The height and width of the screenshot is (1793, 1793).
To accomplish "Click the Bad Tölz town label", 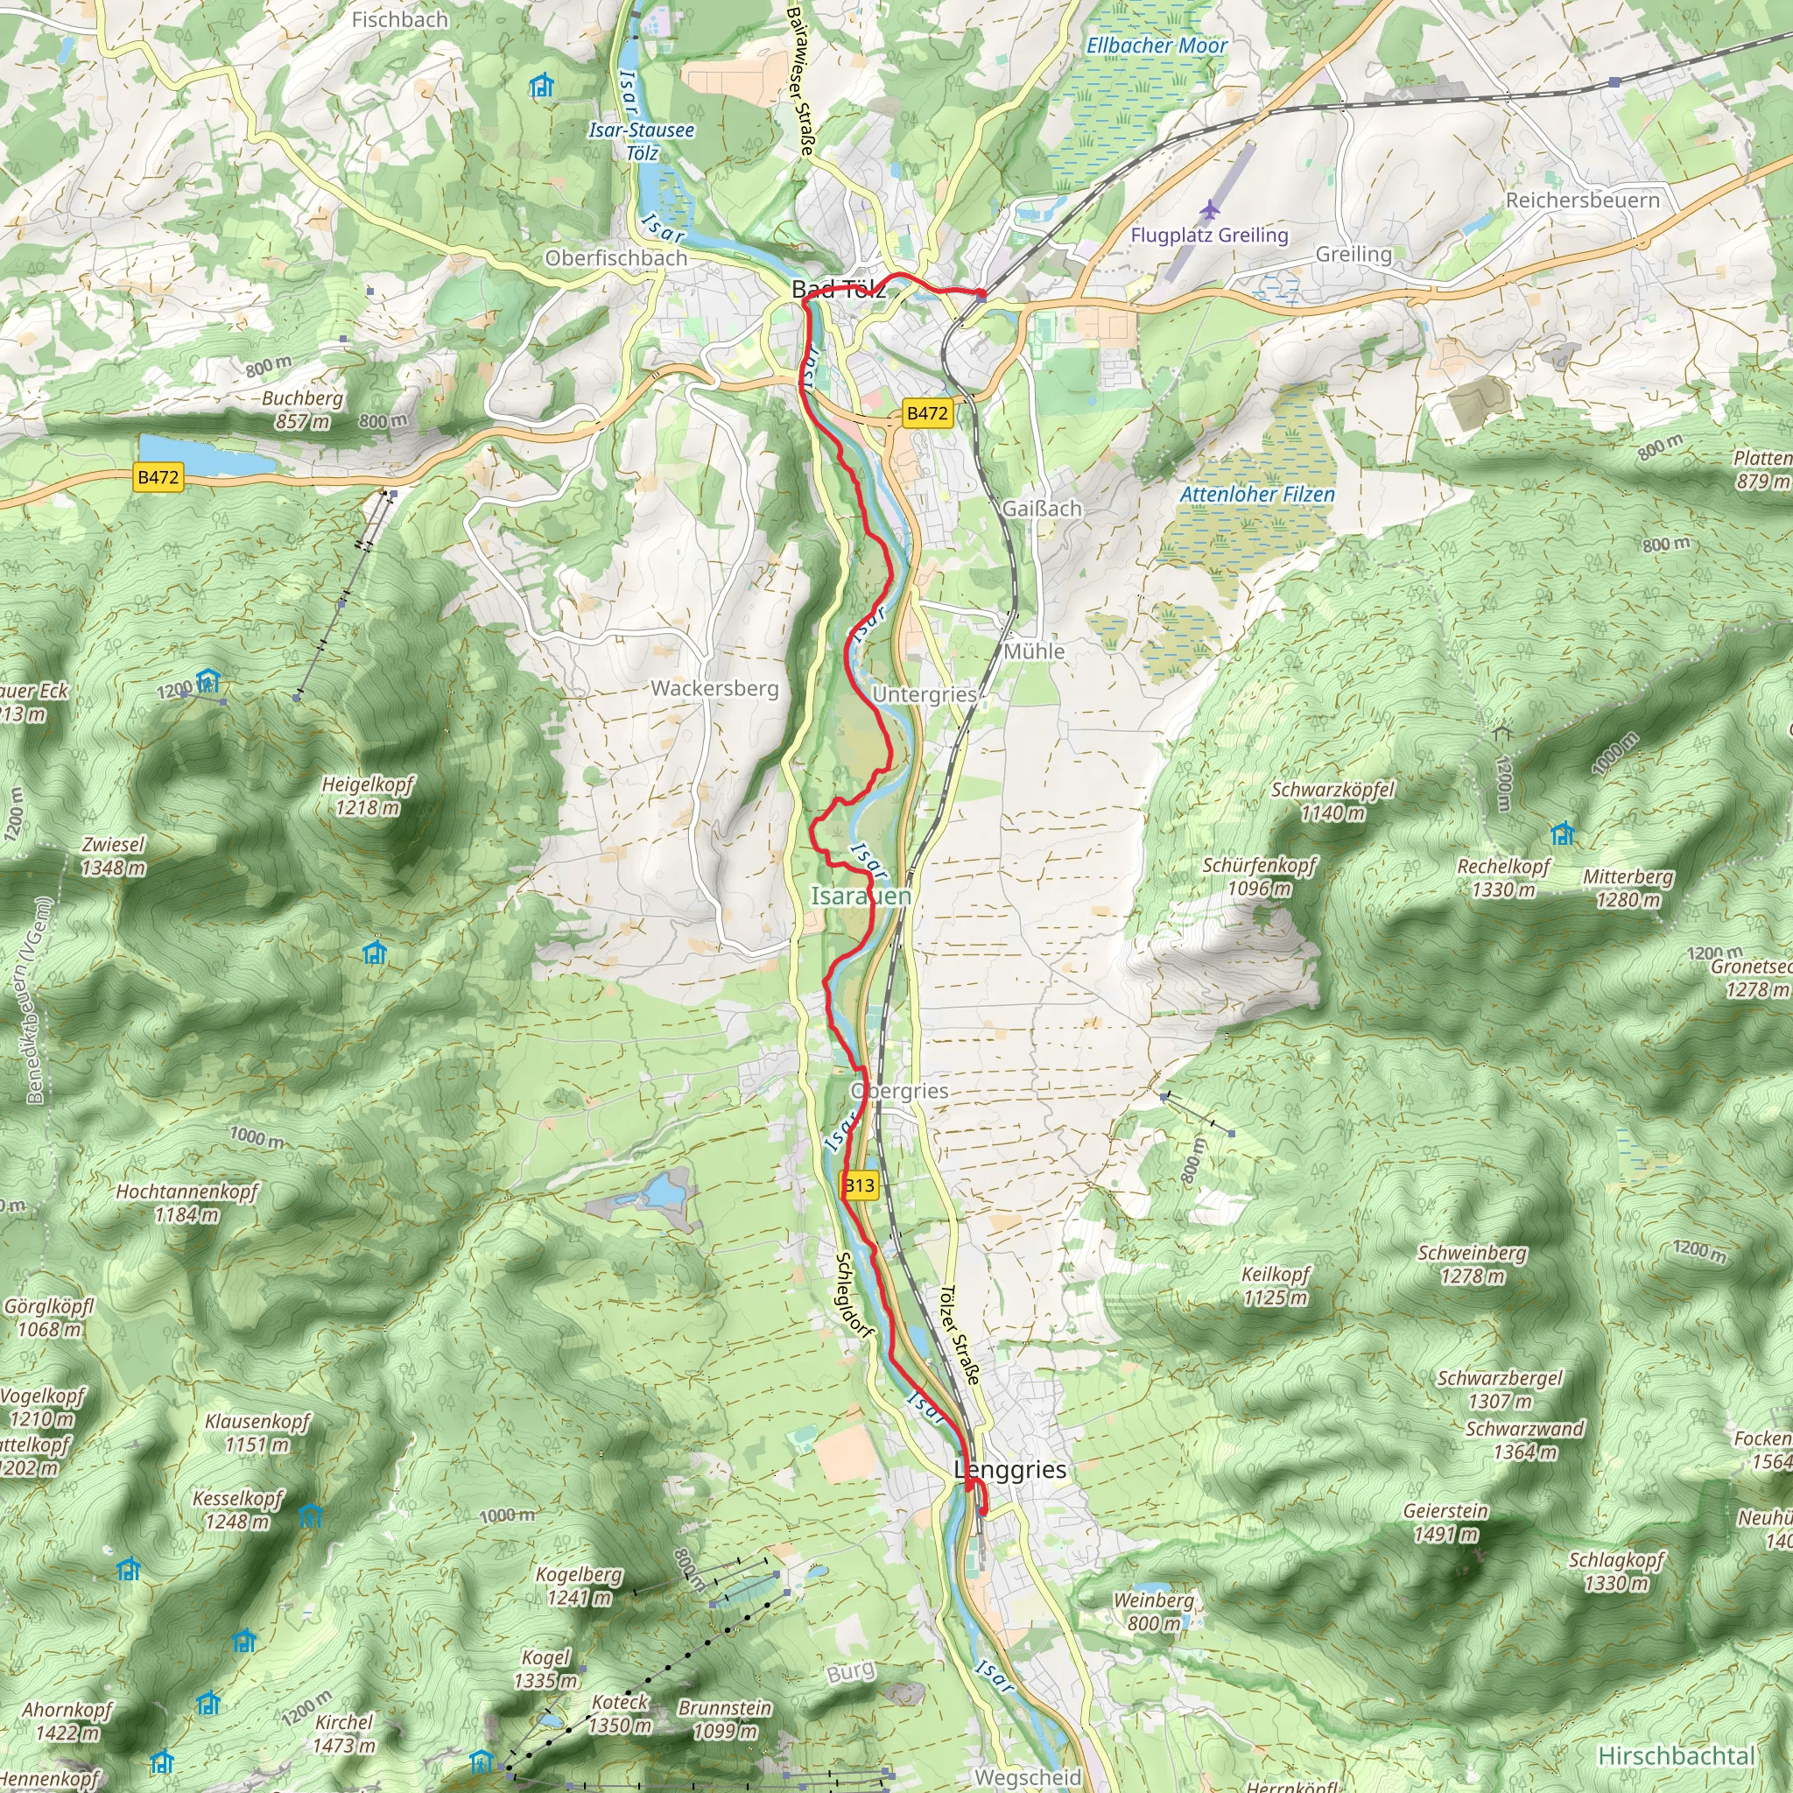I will pos(838,289).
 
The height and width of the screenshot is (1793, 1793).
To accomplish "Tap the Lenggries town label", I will pos(1009,1470).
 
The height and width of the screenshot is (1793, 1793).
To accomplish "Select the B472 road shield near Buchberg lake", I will pos(158,478).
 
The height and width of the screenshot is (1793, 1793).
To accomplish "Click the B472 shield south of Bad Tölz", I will pos(927,414).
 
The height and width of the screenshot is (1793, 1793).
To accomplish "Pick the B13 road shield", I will pos(860,1185).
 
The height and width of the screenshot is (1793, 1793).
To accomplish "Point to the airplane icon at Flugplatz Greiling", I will pos(1209,209).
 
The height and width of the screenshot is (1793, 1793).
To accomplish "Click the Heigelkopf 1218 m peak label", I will pos(368,795).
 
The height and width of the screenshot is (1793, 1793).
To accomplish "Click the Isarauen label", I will pos(861,896).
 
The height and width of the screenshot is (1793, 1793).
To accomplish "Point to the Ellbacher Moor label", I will pos(1157,46).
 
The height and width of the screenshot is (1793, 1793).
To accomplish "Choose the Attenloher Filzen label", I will pos(1256,495).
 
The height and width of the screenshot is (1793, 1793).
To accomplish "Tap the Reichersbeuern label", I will pos(1582,200).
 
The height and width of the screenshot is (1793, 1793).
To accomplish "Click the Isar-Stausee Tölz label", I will pos(641,141).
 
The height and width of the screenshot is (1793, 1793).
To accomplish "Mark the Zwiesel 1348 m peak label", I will pos(113,855).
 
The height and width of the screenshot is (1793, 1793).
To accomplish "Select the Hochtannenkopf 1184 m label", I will pos(186,1203).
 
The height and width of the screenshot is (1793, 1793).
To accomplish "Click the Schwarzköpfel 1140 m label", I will pos(1332,801).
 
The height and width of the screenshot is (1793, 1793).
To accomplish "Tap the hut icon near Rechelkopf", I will pos(1562,833).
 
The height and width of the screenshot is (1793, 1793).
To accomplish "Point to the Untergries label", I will pos(925,694).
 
